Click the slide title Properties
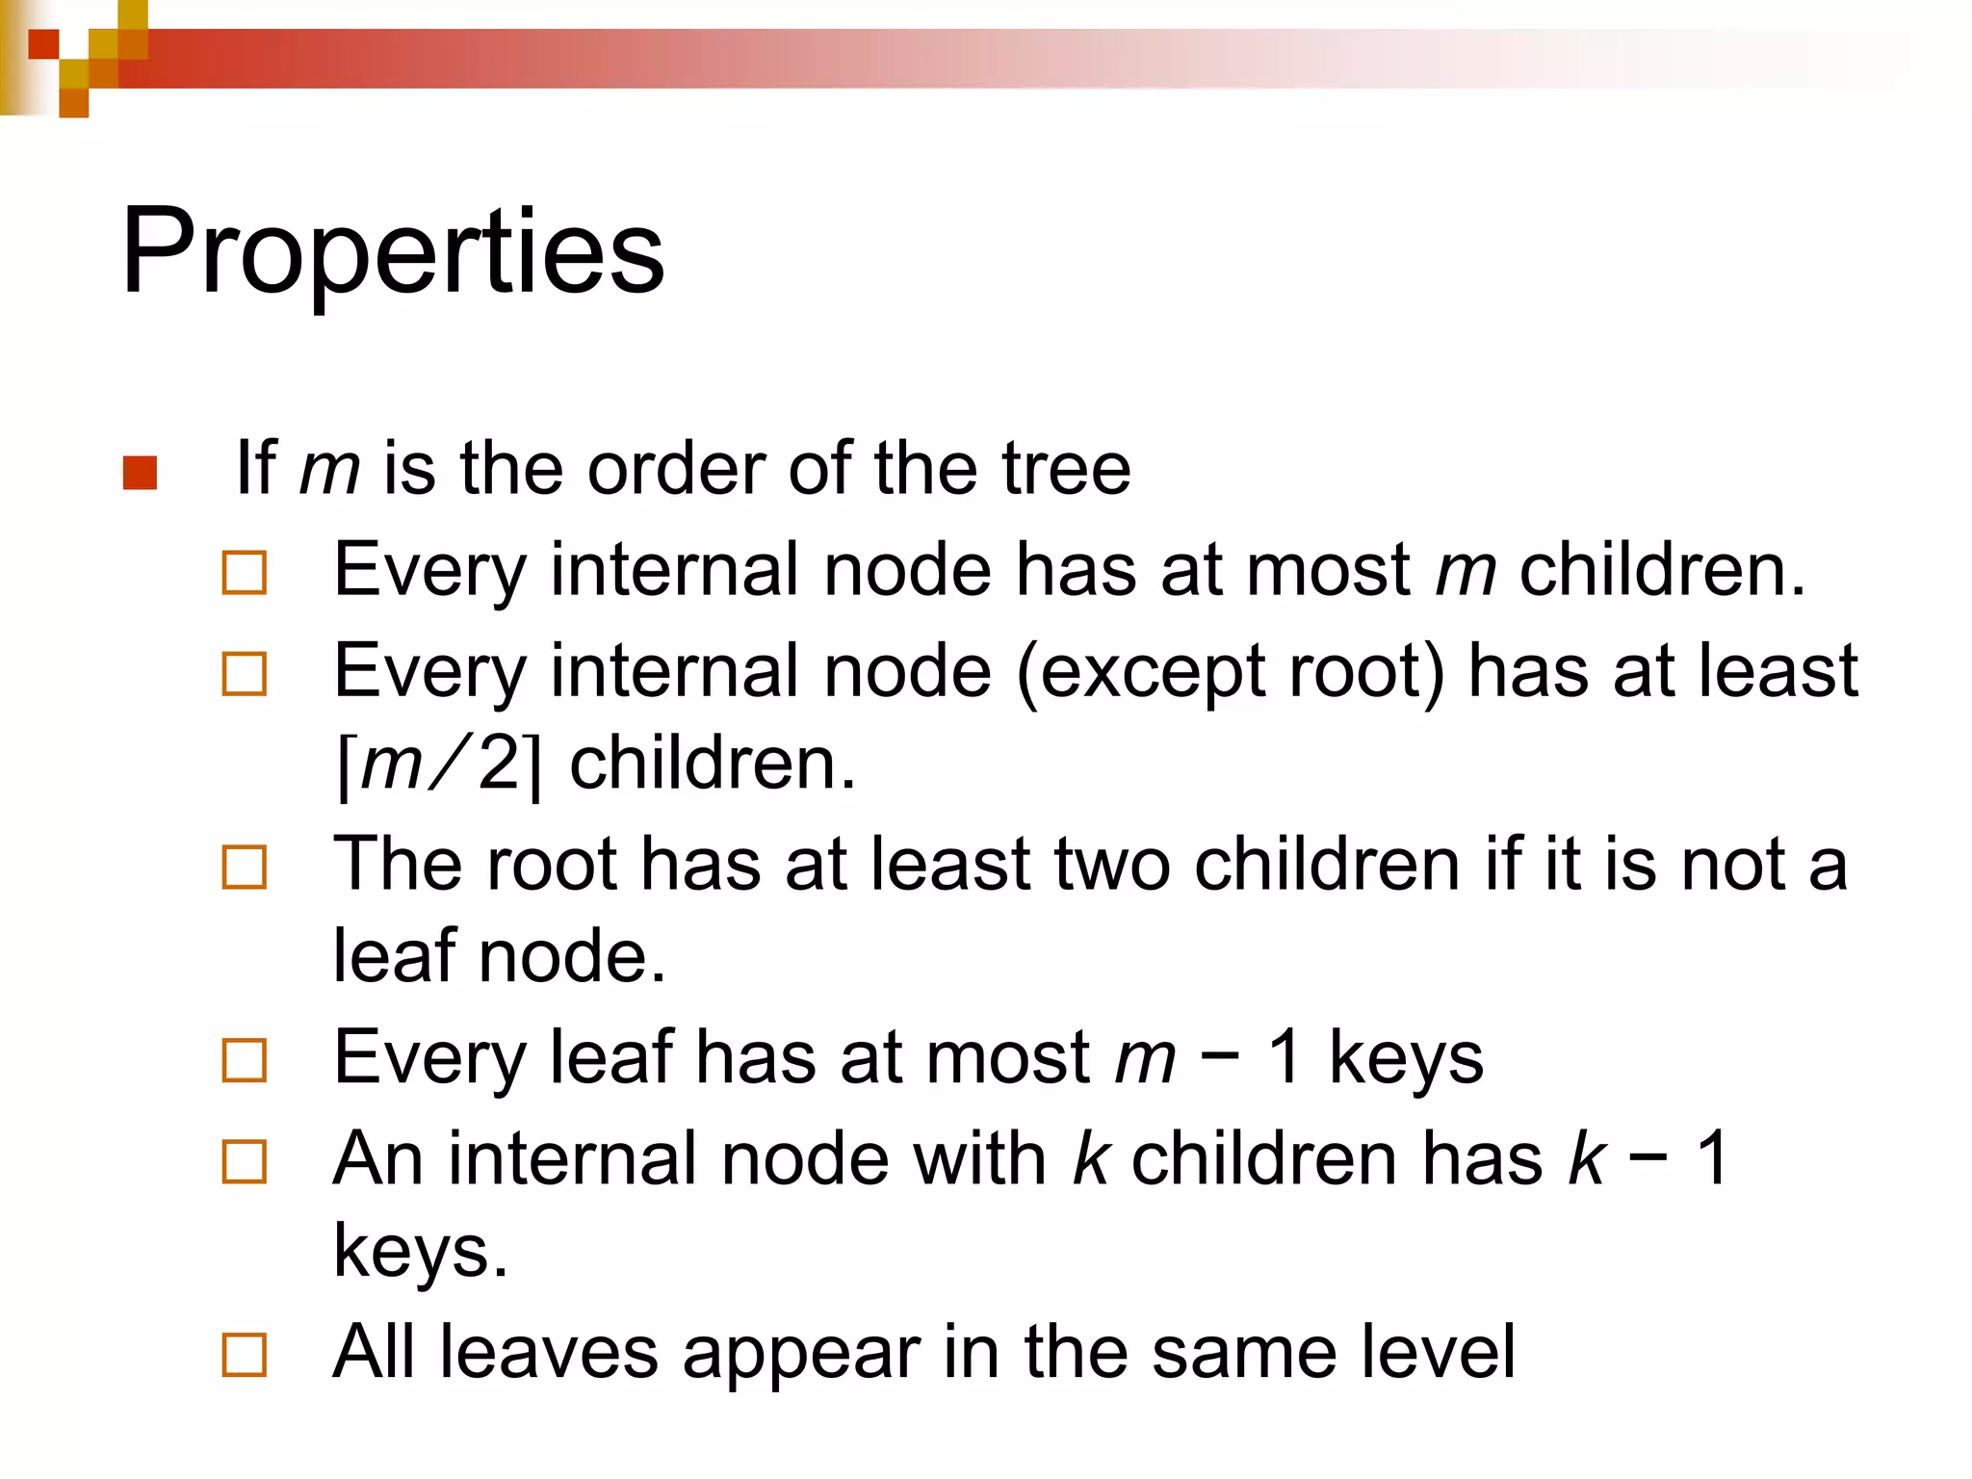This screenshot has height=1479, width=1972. coord(393,252)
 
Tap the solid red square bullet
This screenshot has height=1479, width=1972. coord(141,473)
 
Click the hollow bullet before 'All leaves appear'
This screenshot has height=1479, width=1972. coord(244,1355)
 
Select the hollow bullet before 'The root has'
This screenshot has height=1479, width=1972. coord(244,867)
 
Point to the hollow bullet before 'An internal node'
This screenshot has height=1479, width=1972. coord(244,1161)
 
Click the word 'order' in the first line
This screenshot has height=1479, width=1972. coord(675,469)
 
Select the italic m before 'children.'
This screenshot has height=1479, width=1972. coord(1466,570)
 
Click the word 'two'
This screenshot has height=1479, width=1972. coord(1112,864)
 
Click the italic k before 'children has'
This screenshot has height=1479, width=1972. coord(1090,1158)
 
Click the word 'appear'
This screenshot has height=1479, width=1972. coord(800,1354)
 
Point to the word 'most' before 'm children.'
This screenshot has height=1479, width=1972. coord(1328,570)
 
